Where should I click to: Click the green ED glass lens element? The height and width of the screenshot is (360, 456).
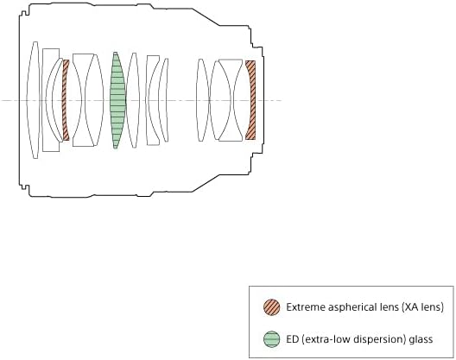pyautogui.click(x=117, y=100)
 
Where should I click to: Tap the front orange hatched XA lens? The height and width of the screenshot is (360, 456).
pyautogui.click(x=65, y=100)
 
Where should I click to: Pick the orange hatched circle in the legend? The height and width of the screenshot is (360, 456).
pyautogui.click(x=272, y=307)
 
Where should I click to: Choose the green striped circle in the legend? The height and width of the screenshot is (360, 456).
pyautogui.click(x=272, y=339)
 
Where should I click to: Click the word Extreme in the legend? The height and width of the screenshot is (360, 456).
pyautogui.click(x=306, y=307)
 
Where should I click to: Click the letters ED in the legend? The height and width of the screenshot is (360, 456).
pyautogui.click(x=292, y=339)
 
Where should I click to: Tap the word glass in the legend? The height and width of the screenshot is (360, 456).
pyautogui.click(x=421, y=340)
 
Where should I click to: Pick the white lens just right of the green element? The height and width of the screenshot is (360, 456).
pyautogui.click(x=133, y=100)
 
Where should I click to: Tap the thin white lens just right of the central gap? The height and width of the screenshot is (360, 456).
pyautogui.click(x=202, y=100)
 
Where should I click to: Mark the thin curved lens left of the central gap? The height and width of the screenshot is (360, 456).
pyautogui.click(x=163, y=100)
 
